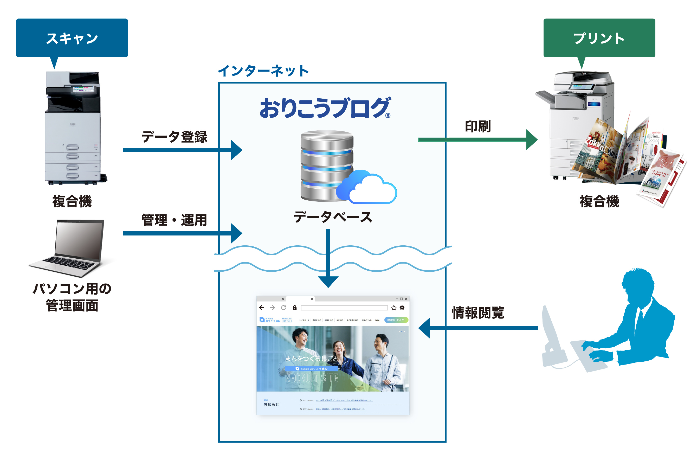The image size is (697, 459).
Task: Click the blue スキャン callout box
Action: click(72, 38)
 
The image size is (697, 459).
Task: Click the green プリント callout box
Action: click(599, 38)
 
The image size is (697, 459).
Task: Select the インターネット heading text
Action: click(263, 71)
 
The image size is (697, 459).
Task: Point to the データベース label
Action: click(333, 217)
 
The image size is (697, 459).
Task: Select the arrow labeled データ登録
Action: click(182, 150)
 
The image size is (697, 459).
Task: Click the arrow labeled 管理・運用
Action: click(182, 233)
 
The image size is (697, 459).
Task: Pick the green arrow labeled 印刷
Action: click(477, 139)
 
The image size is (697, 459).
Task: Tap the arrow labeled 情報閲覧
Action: click(477, 328)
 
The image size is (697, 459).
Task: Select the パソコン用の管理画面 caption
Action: click(72, 297)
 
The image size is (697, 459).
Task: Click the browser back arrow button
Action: click(262, 308)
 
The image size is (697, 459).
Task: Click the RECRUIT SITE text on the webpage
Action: click(312, 378)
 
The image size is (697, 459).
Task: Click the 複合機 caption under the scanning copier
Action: click(72, 201)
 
